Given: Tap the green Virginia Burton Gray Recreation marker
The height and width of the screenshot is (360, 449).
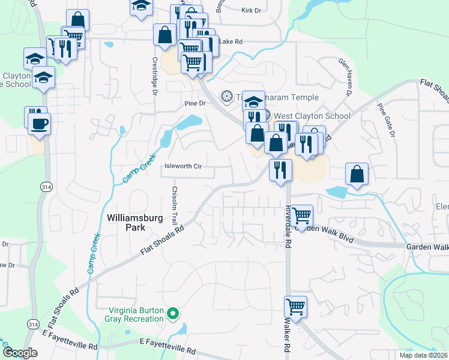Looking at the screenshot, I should click(173, 313).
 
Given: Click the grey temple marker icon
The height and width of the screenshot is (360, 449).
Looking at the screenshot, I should click(227, 96).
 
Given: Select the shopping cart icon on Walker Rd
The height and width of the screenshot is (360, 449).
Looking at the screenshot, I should click(296, 306).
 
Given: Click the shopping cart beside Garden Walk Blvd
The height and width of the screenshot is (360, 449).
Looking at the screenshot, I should click(301, 214).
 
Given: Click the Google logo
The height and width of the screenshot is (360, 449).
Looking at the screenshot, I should click(20, 353).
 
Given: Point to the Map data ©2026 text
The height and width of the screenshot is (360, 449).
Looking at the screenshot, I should click(423, 355).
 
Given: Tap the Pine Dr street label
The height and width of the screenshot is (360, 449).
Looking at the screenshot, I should click(195, 103).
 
